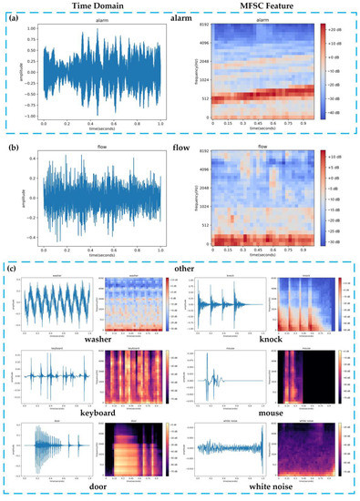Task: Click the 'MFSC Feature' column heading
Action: pyautogui.click(x=265, y=7)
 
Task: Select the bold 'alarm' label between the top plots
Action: pyautogui.click(x=180, y=19)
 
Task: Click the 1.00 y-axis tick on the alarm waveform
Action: pyautogui.click(x=34, y=28)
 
